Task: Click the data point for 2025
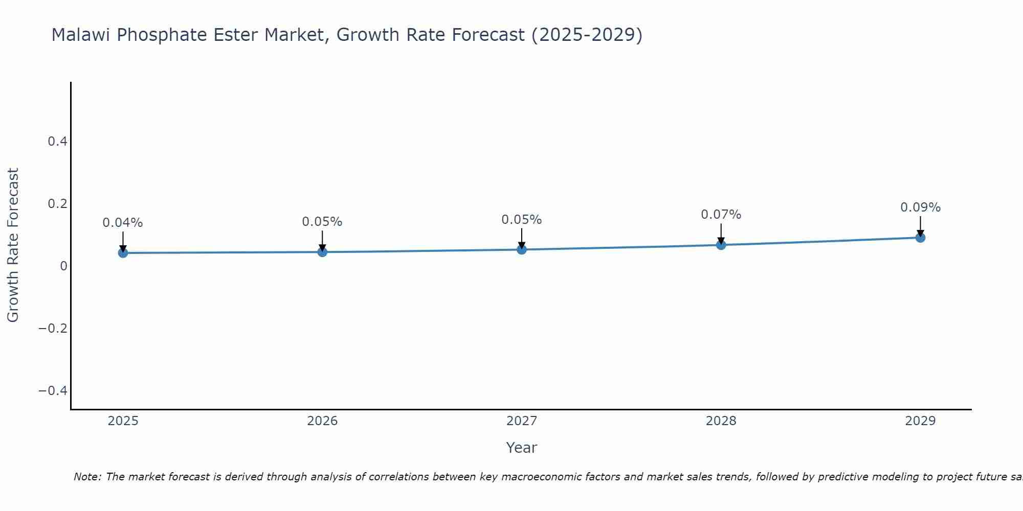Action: click(123, 252)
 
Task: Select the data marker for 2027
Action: click(522, 249)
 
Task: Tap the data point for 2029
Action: click(920, 238)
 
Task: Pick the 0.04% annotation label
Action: click(123, 223)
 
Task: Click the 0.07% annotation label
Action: click(721, 215)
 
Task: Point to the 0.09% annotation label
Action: click(920, 207)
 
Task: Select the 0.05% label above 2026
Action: click(322, 222)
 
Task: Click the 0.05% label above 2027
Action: click(522, 220)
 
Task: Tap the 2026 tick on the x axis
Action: click(322, 421)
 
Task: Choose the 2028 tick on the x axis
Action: click(721, 421)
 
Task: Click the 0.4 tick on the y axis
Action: click(58, 142)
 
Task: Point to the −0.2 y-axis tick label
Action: click(53, 328)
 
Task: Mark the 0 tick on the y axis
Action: click(64, 266)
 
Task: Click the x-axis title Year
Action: click(521, 448)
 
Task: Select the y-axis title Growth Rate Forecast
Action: click(13, 245)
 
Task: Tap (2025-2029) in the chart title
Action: click(587, 35)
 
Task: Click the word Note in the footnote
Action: click(87, 477)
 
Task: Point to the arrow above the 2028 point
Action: click(721, 234)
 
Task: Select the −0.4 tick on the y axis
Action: click(53, 391)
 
